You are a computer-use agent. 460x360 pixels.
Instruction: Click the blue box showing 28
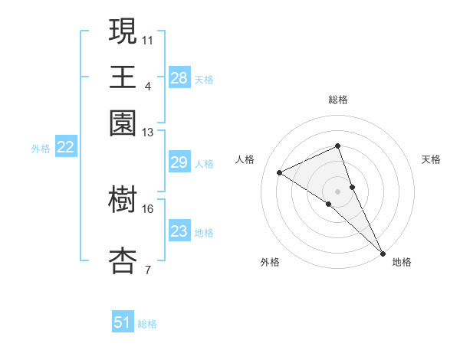(179, 78)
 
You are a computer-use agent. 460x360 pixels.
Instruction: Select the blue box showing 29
(179, 162)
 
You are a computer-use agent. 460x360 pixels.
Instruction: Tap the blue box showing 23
(179, 231)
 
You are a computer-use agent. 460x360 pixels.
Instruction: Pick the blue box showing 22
(65, 148)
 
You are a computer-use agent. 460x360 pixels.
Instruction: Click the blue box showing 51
(123, 322)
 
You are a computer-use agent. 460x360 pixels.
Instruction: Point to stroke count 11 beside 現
(149, 38)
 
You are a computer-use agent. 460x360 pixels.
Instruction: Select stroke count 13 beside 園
(148, 133)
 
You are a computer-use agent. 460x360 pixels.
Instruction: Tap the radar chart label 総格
(338, 100)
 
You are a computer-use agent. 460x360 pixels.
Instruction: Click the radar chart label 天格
(431, 159)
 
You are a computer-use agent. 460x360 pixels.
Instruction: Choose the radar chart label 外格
(271, 263)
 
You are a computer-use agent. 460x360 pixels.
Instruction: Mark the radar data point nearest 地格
(383, 251)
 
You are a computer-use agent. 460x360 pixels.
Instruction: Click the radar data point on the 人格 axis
(280, 172)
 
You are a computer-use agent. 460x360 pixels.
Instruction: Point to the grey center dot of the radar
(338, 190)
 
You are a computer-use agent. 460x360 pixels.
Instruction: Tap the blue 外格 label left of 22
(41, 149)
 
